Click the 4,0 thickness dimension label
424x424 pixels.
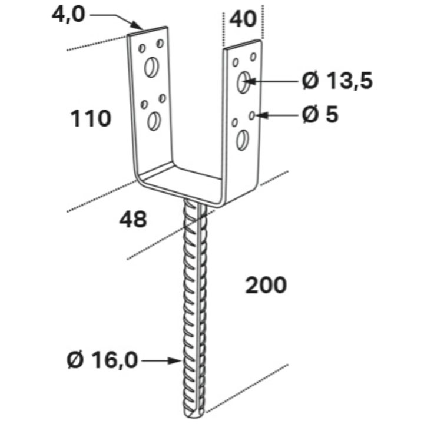coord(68,15)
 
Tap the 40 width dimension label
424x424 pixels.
coord(243,19)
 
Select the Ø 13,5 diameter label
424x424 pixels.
coord(337,81)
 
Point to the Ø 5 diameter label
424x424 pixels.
coord(320,115)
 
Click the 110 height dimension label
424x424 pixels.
coord(91,119)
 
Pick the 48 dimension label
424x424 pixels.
coord(133,219)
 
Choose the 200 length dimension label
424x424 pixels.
coord(266,285)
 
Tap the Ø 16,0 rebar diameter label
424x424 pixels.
coord(102,360)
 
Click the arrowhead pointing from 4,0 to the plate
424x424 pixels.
coord(137,25)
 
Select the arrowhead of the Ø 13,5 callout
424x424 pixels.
coord(249,81)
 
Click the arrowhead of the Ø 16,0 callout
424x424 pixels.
coord(175,360)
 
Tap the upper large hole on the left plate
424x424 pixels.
coord(151,67)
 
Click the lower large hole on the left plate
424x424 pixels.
coord(154,121)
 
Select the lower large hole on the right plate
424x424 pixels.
coord(243,140)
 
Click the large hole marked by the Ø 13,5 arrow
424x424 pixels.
coord(244,82)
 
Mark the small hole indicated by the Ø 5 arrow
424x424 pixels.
coord(252,116)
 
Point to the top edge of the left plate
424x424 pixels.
coord(148,31)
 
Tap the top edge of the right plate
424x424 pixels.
coord(243,44)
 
